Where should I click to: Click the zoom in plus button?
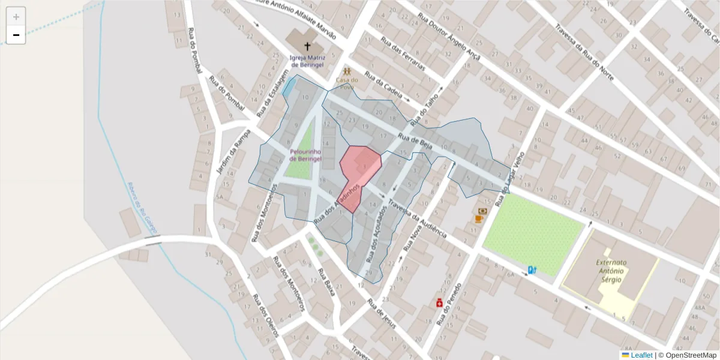[16, 16]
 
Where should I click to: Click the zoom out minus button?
[16, 35]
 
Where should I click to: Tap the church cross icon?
[307, 46]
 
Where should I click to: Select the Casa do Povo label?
[347, 83]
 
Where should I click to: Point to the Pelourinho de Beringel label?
[305, 155]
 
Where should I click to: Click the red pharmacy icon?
[440, 303]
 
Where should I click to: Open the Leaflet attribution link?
[641, 355]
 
